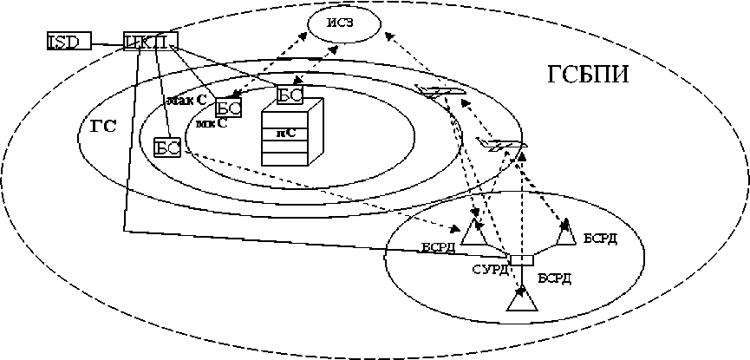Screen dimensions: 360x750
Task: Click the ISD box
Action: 68,41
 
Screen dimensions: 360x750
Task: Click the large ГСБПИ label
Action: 588,75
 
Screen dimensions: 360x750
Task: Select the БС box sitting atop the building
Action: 289,95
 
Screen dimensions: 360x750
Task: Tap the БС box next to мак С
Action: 228,108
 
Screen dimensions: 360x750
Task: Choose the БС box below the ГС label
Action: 166,147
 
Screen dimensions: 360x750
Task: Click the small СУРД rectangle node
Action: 522,260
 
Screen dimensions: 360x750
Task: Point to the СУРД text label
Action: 490,270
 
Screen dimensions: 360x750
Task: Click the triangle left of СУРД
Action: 476,233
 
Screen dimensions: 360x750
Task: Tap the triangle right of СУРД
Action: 565,232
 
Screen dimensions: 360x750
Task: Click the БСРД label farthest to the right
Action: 600,238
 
